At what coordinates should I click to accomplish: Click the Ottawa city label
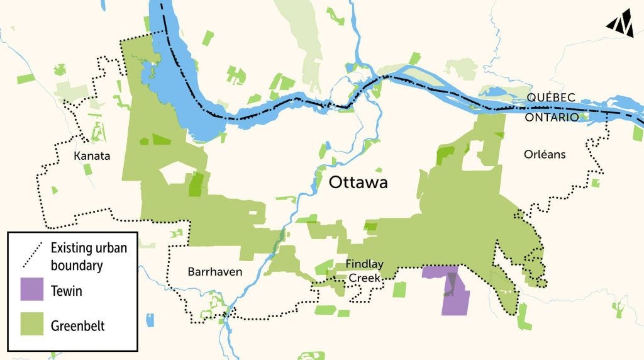click(x=358, y=183)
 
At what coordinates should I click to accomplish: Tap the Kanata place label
click(x=92, y=155)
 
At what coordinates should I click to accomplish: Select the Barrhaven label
click(x=214, y=272)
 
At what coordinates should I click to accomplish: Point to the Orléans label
click(x=545, y=154)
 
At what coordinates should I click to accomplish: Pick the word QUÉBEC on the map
click(x=552, y=98)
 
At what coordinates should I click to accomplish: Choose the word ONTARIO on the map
click(x=552, y=116)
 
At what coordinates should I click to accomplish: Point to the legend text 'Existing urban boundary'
click(x=88, y=257)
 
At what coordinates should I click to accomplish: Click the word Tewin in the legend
click(x=67, y=291)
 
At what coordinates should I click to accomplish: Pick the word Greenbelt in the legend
click(x=78, y=326)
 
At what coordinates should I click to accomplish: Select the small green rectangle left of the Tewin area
click(x=399, y=290)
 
